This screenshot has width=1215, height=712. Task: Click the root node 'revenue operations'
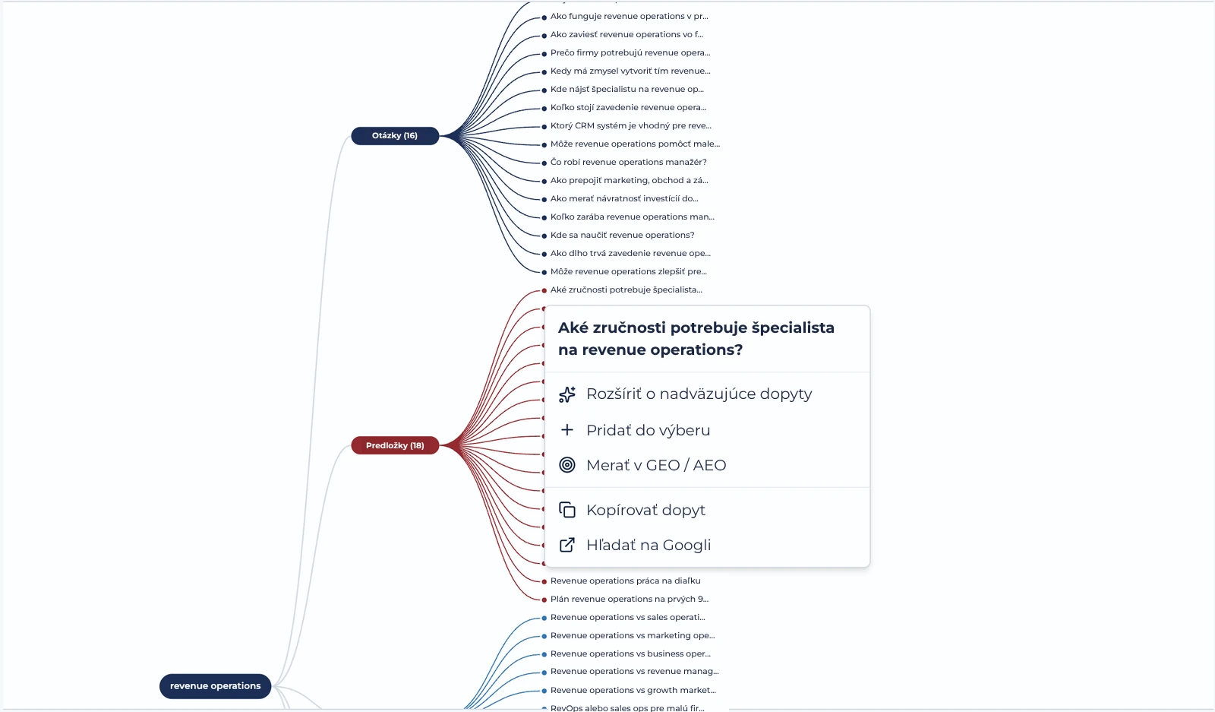click(x=216, y=686)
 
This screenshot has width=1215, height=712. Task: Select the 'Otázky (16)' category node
click(x=395, y=136)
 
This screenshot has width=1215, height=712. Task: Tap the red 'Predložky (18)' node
click(x=395, y=445)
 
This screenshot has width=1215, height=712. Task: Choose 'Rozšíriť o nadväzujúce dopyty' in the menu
click(x=699, y=394)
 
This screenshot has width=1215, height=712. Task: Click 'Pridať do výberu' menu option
click(x=649, y=430)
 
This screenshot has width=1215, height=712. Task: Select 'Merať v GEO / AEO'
click(x=656, y=465)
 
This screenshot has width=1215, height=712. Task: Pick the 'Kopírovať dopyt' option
click(x=645, y=510)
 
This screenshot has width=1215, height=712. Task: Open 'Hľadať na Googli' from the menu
click(x=649, y=545)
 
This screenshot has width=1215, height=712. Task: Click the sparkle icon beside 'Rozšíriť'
click(x=566, y=394)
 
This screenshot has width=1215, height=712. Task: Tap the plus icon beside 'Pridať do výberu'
click(x=566, y=430)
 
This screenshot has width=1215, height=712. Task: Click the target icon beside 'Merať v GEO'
click(x=566, y=465)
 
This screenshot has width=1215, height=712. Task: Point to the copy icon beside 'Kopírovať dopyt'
click(x=566, y=510)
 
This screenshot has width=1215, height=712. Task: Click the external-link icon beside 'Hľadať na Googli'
click(x=566, y=545)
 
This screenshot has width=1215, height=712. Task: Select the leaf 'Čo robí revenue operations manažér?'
click(x=628, y=163)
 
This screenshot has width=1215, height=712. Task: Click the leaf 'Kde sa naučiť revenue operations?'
click(x=622, y=235)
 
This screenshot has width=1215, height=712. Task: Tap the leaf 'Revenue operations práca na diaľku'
click(x=626, y=581)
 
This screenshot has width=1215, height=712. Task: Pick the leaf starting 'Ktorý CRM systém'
click(x=631, y=126)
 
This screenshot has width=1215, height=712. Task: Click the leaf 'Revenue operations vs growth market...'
click(x=633, y=690)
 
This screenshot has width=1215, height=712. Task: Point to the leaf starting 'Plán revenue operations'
click(x=630, y=599)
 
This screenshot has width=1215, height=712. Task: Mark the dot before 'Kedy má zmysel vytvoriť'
click(x=544, y=72)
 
